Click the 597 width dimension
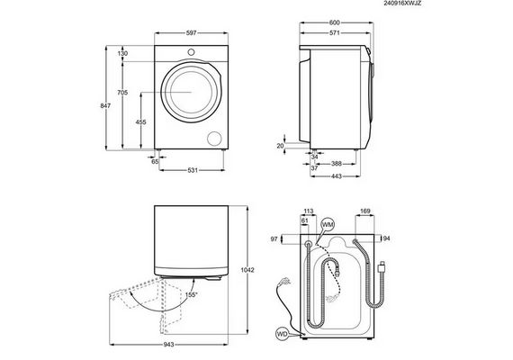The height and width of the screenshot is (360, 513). pos(192,32)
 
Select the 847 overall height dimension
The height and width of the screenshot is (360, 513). pos(105,105)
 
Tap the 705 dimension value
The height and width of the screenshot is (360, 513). pos(122,93)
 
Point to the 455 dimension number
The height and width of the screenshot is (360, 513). pos(140,122)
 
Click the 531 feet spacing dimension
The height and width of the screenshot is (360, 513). pos(193,170)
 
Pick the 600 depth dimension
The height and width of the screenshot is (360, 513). pos(335,22)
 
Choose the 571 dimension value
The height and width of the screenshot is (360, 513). pos(335,32)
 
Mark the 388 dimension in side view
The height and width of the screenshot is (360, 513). pos(337,164)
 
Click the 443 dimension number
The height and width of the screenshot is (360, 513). pos(337,176)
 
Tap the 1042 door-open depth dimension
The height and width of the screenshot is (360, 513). pos(247,270)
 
